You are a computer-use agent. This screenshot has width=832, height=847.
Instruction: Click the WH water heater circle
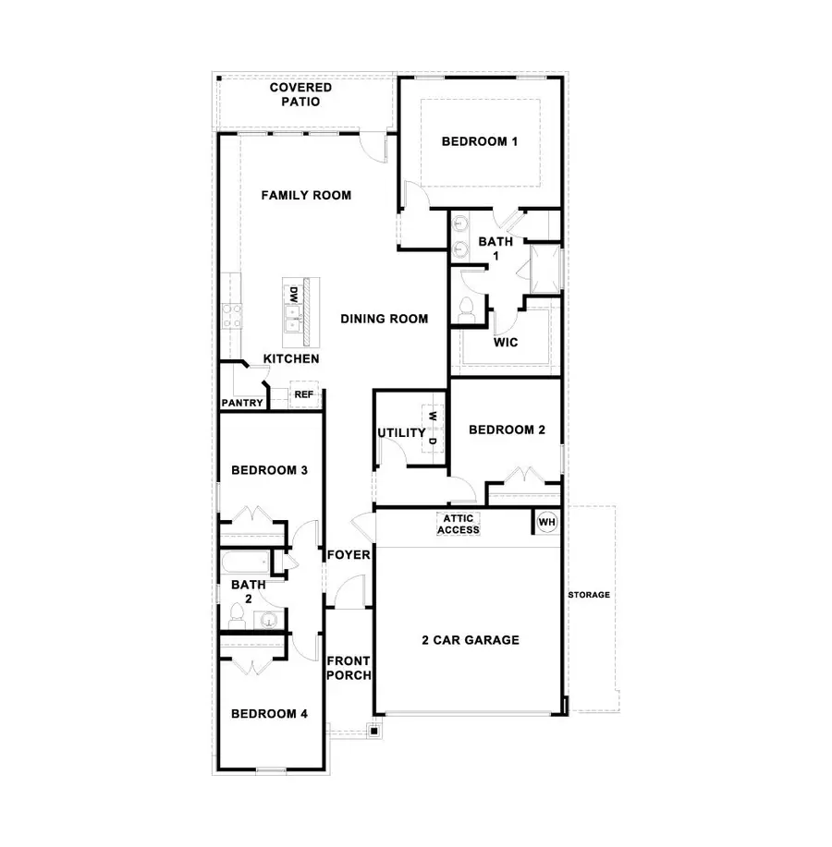coord(547,523)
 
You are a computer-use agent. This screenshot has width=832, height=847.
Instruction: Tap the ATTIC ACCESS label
coord(459,524)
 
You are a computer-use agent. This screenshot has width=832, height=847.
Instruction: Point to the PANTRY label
coord(243,403)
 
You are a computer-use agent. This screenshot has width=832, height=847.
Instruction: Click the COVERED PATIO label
coord(301,94)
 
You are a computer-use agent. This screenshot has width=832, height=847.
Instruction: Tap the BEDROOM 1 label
coord(479,141)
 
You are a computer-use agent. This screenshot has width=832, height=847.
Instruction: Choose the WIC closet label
coord(506,342)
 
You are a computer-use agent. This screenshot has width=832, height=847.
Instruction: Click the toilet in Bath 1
coord(466,309)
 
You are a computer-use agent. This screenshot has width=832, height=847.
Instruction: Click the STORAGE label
coord(589,595)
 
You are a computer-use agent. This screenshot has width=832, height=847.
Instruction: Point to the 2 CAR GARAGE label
coord(471,639)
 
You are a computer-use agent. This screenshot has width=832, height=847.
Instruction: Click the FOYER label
coord(349,555)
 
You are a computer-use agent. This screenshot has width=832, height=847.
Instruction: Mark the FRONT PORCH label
coord(349,668)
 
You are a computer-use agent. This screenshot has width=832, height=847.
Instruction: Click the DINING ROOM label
coord(384,319)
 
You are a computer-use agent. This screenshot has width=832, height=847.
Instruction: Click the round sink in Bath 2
coord(269,620)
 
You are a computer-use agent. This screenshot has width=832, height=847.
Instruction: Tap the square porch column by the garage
coord(374,731)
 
